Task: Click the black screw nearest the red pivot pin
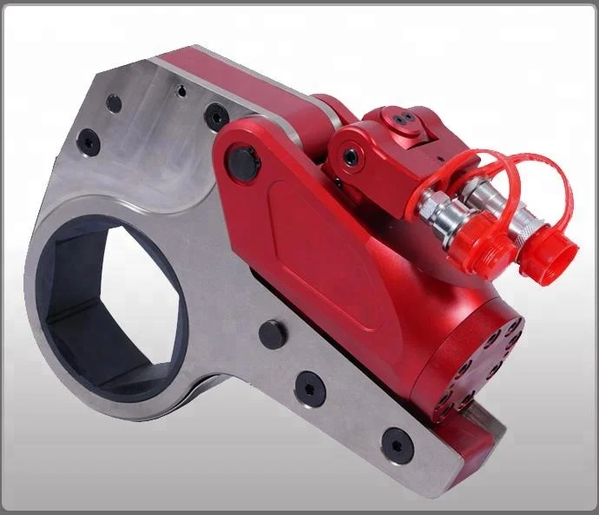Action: tap(214, 115)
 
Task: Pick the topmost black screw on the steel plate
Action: tap(114, 102)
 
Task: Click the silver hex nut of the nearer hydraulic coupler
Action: tap(431, 209)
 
